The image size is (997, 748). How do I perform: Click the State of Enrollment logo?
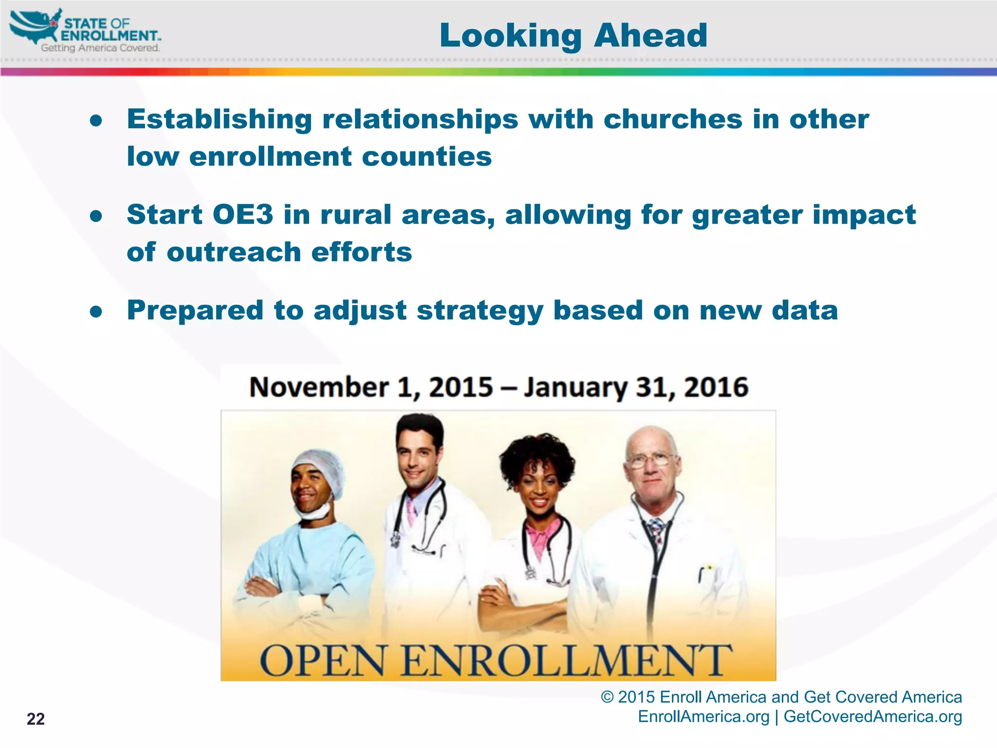85,31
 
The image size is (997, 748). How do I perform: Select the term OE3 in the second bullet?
242,215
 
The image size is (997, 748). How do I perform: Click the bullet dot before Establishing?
96,120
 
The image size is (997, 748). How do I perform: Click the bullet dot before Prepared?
96,311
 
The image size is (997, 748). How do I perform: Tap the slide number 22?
36,719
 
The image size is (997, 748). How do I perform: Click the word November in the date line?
319,388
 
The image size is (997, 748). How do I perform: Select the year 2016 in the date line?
716,388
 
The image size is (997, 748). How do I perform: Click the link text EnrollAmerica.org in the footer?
703,717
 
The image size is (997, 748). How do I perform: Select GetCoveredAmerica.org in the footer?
872,717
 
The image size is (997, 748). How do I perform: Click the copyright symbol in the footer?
607,697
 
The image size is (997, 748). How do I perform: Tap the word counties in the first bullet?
426,157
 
